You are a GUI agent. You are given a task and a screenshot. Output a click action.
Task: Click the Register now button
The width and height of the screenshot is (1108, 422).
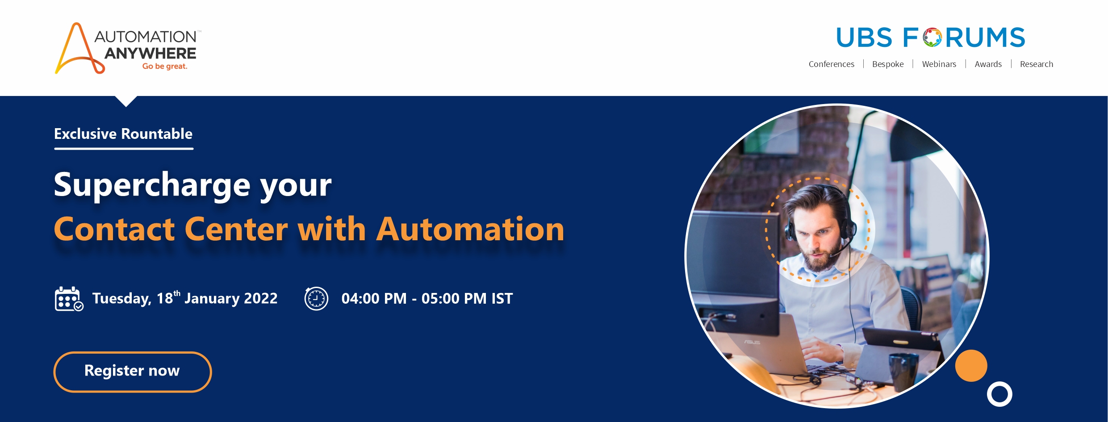[133, 372]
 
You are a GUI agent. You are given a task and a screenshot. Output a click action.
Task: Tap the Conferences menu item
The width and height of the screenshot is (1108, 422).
[831, 64]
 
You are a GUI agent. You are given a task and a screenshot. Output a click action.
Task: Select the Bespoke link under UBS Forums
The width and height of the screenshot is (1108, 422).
[888, 64]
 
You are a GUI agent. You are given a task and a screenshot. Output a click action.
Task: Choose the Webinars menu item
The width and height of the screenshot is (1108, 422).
[939, 64]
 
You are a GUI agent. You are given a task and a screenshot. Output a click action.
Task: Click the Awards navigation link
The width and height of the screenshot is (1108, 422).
[988, 64]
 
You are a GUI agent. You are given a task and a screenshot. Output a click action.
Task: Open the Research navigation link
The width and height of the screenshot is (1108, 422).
[1036, 64]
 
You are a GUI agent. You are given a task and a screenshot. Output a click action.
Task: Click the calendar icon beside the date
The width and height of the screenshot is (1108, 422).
[69, 299]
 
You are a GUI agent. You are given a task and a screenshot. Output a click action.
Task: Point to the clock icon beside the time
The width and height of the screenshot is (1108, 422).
[316, 298]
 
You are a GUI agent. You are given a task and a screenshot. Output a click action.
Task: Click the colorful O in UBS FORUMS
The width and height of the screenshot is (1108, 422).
[932, 38]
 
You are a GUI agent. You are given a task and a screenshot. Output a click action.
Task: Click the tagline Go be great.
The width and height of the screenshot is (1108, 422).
[165, 66]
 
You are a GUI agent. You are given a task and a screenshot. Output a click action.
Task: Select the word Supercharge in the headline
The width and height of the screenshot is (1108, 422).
[152, 185]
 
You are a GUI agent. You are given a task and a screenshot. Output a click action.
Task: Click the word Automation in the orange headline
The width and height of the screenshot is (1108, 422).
[470, 229]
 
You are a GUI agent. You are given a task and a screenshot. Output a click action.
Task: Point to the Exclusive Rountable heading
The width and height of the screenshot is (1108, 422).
[123, 134]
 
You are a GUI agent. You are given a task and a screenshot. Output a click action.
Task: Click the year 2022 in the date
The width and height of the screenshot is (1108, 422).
[260, 298]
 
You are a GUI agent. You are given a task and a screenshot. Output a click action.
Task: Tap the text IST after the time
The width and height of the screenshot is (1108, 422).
[502, 298]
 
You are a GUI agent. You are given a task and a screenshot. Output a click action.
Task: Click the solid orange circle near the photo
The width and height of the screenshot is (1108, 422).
[971, 366]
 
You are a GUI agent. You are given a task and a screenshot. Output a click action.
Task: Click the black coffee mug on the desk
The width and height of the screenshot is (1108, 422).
[903, 372]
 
